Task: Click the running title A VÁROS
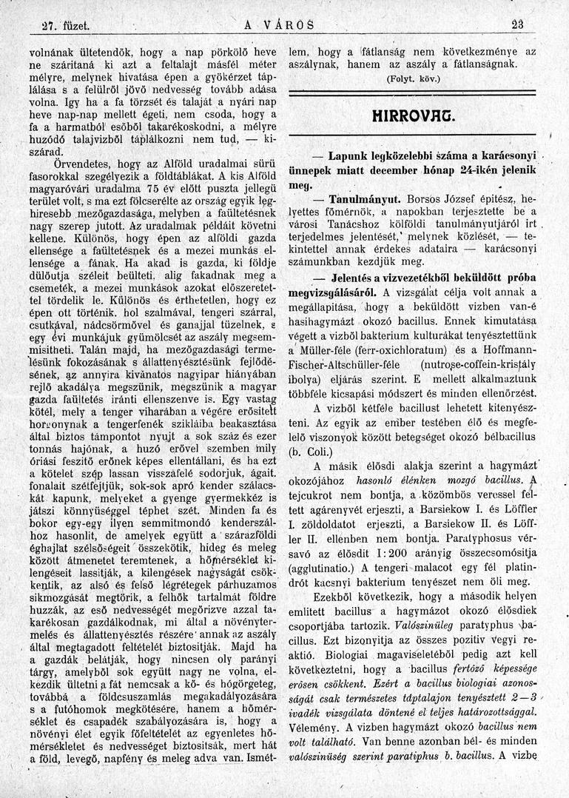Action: point(278,24)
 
